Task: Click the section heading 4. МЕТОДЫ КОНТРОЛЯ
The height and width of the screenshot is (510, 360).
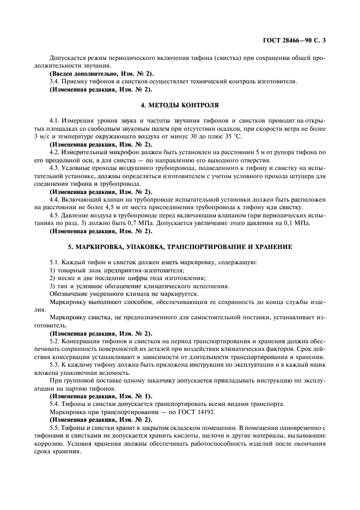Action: [179, 105]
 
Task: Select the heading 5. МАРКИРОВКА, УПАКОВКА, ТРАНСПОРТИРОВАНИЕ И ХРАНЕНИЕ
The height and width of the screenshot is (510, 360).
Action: [179, 247]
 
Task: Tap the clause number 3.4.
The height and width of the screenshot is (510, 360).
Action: [54, 81]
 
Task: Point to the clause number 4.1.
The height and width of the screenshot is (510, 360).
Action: [54, 120]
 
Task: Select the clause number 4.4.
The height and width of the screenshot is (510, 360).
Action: [54, 199]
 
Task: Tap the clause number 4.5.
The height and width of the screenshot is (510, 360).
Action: [54, 215]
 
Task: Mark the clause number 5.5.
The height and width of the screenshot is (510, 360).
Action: [54, 428]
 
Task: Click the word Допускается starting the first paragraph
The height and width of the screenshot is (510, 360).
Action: [67, 57]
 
